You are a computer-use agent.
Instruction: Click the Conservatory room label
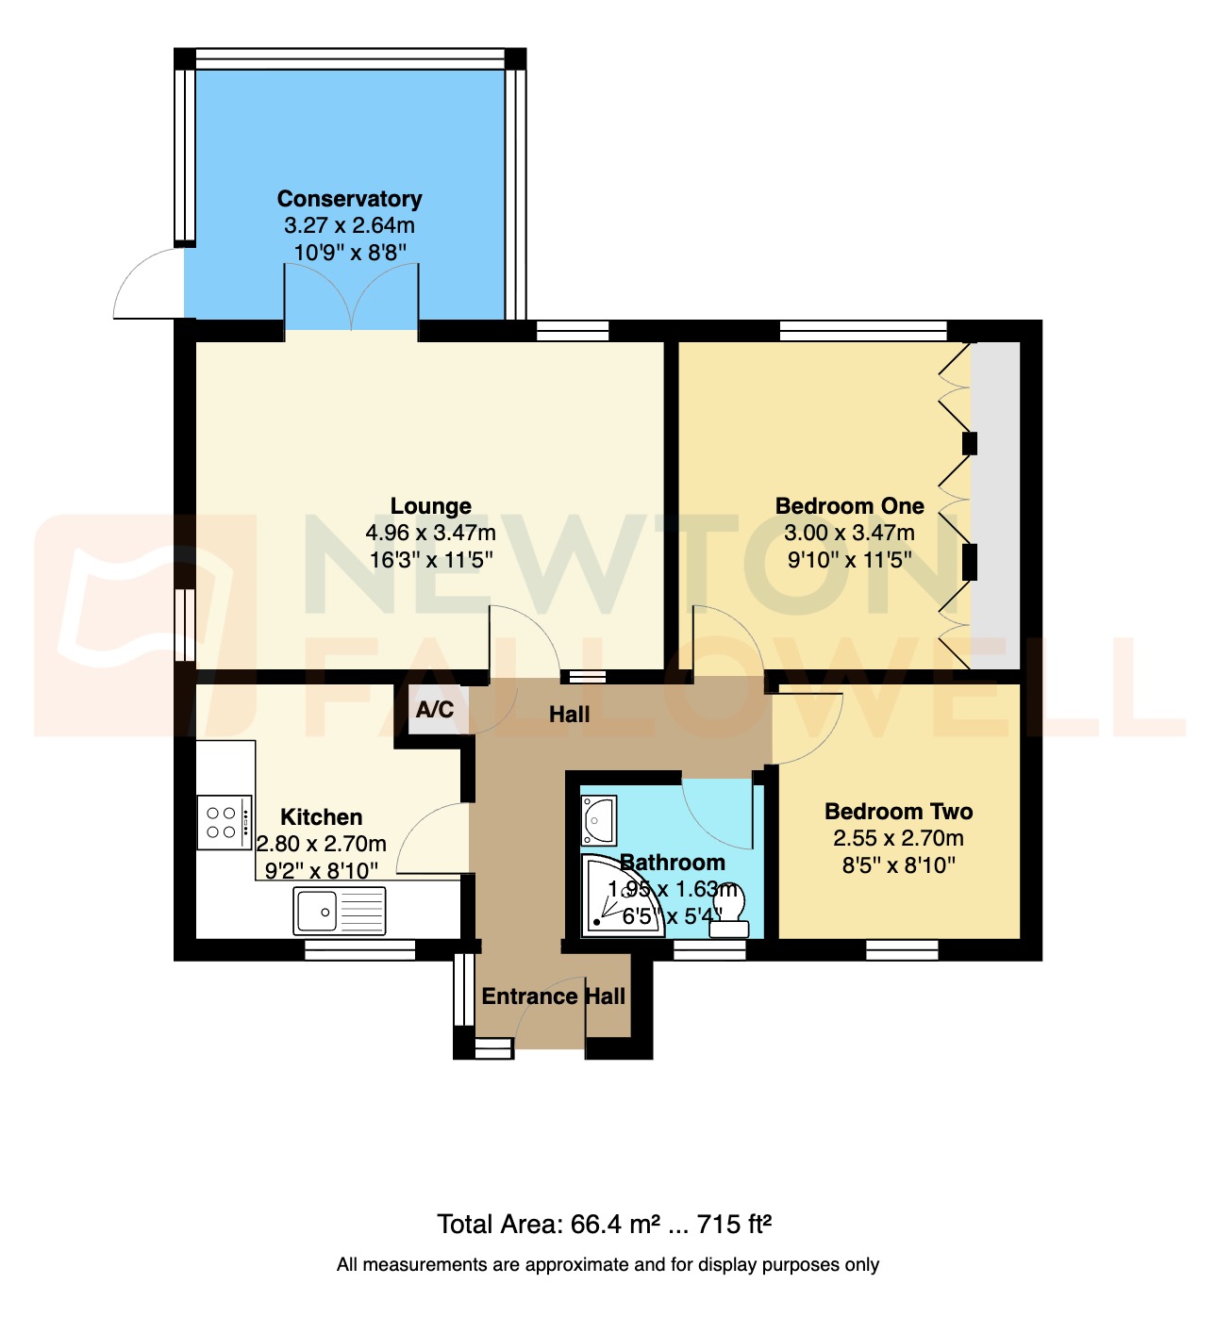(x=349, y=199)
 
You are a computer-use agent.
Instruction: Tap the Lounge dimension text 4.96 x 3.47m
(x=430, y=533)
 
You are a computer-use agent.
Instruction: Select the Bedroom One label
(x=849, y=506)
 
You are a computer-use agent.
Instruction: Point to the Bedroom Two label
(x=898, y=812)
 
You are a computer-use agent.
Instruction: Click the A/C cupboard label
(x=435, y=710)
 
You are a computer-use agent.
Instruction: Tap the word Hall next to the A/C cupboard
(x=569, y=715)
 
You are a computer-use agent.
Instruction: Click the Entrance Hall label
(x=553, y=996)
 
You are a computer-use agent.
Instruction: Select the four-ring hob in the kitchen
(x=224, y=822)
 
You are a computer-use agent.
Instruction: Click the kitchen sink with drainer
(x=340, y=912)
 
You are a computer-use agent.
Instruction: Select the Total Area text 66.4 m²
(x=604, y=1225)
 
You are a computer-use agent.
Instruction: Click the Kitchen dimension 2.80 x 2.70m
(x=322, y=844)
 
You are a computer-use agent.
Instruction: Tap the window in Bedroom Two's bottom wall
(x=902, y=950)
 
